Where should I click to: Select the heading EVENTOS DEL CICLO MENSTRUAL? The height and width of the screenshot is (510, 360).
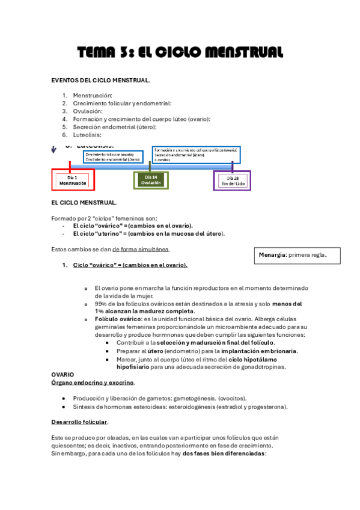pos(100,80)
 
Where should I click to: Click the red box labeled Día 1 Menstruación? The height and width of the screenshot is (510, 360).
pos(72,180)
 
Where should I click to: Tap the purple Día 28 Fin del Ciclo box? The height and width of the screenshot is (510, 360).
pos(232,180)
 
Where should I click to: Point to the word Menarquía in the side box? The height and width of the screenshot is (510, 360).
pos(272,255)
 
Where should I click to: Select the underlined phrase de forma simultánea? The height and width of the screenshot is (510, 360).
pos(141,249)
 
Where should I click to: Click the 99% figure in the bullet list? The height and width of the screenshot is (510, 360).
pos(101,304)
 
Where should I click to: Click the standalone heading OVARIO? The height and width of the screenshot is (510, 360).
pos(63,374)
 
